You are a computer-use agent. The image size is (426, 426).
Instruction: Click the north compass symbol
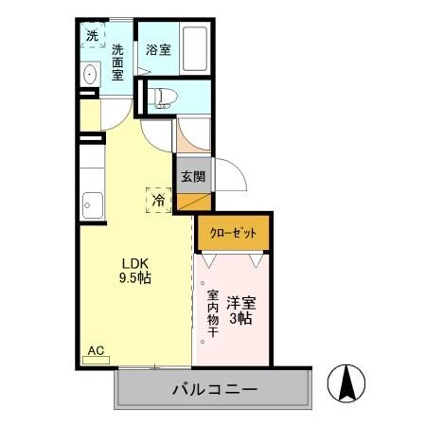click(346, 382)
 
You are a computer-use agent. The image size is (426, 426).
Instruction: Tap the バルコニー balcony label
click(215, 389)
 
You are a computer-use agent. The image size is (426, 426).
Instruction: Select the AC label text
click(96, 350)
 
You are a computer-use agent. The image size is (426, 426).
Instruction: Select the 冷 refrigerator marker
click(158, 200)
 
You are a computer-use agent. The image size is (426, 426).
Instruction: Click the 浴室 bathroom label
click(158, 50)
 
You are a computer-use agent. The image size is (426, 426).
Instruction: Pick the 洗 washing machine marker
click(92, 36)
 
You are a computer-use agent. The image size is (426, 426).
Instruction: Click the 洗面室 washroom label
click(119, 62)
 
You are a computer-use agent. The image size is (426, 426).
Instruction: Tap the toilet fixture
click(163, 95)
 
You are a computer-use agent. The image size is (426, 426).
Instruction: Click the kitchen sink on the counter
click(93, 203)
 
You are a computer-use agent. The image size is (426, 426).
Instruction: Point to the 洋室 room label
click(240, 304)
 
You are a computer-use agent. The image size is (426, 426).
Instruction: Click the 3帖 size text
click(240, 321)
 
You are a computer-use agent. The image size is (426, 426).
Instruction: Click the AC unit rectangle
click(97, 361)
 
